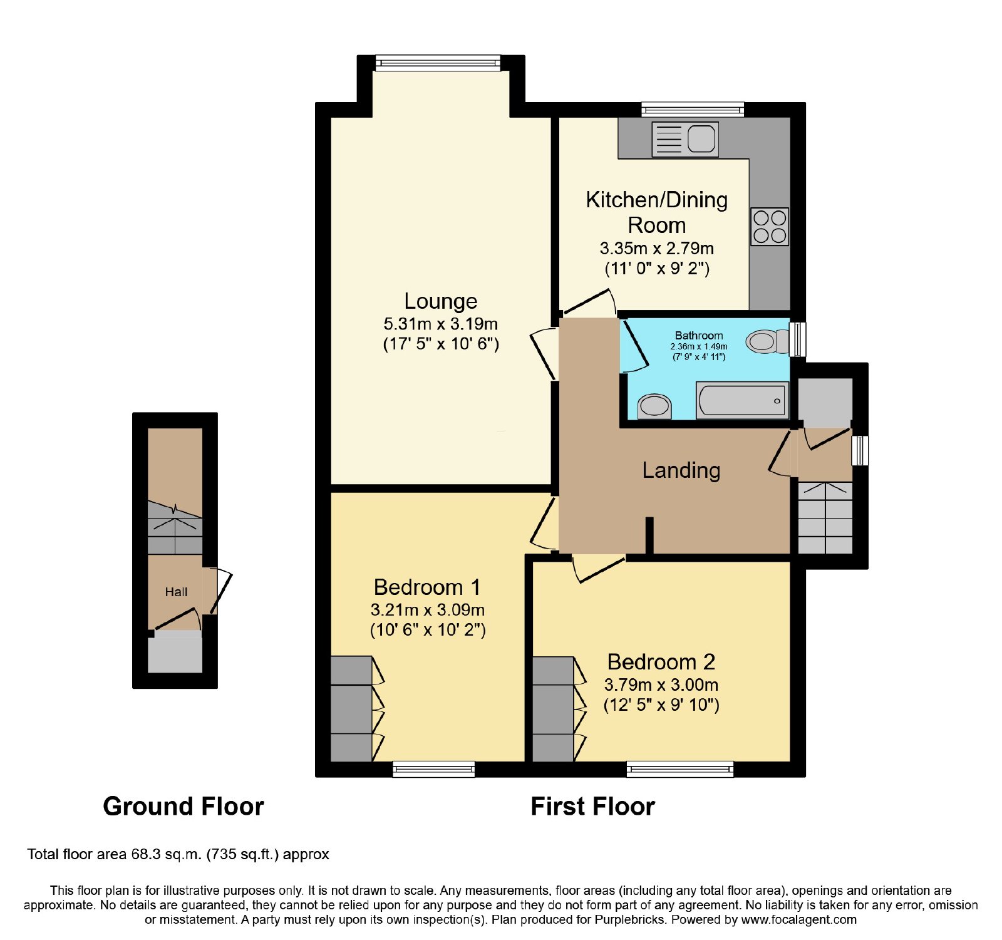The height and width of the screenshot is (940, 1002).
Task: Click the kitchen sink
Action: click(684, 138)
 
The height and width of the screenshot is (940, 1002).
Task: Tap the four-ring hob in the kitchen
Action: click(770, 227)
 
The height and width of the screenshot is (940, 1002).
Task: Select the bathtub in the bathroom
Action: click(742, 400)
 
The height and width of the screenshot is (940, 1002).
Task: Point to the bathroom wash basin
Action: click(654, 406)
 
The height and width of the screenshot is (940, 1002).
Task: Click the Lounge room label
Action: click(441, 301)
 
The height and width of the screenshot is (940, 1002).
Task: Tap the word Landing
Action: click(681, 470)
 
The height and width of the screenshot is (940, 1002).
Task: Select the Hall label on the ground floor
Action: click(177, 592)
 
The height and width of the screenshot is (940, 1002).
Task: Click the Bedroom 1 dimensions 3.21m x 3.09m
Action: click(428, 609)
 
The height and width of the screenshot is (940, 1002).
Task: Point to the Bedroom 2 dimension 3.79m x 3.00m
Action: click(661, 684)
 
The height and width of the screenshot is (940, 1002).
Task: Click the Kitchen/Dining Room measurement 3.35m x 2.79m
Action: click(657, 249)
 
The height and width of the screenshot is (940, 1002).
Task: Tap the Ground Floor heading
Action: click(183, 807)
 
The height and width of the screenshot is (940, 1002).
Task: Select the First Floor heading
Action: click(593, 807)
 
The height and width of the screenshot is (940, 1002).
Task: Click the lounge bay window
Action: click(438, 63)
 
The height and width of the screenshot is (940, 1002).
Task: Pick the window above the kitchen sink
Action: click(693, 110)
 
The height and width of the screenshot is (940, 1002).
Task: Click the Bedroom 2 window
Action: click(680, 769)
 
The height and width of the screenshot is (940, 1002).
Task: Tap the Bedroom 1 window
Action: click(434, 769)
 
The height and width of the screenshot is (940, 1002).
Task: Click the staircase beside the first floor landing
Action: click(825, 518)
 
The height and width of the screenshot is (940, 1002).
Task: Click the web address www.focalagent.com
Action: click(799, 920)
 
